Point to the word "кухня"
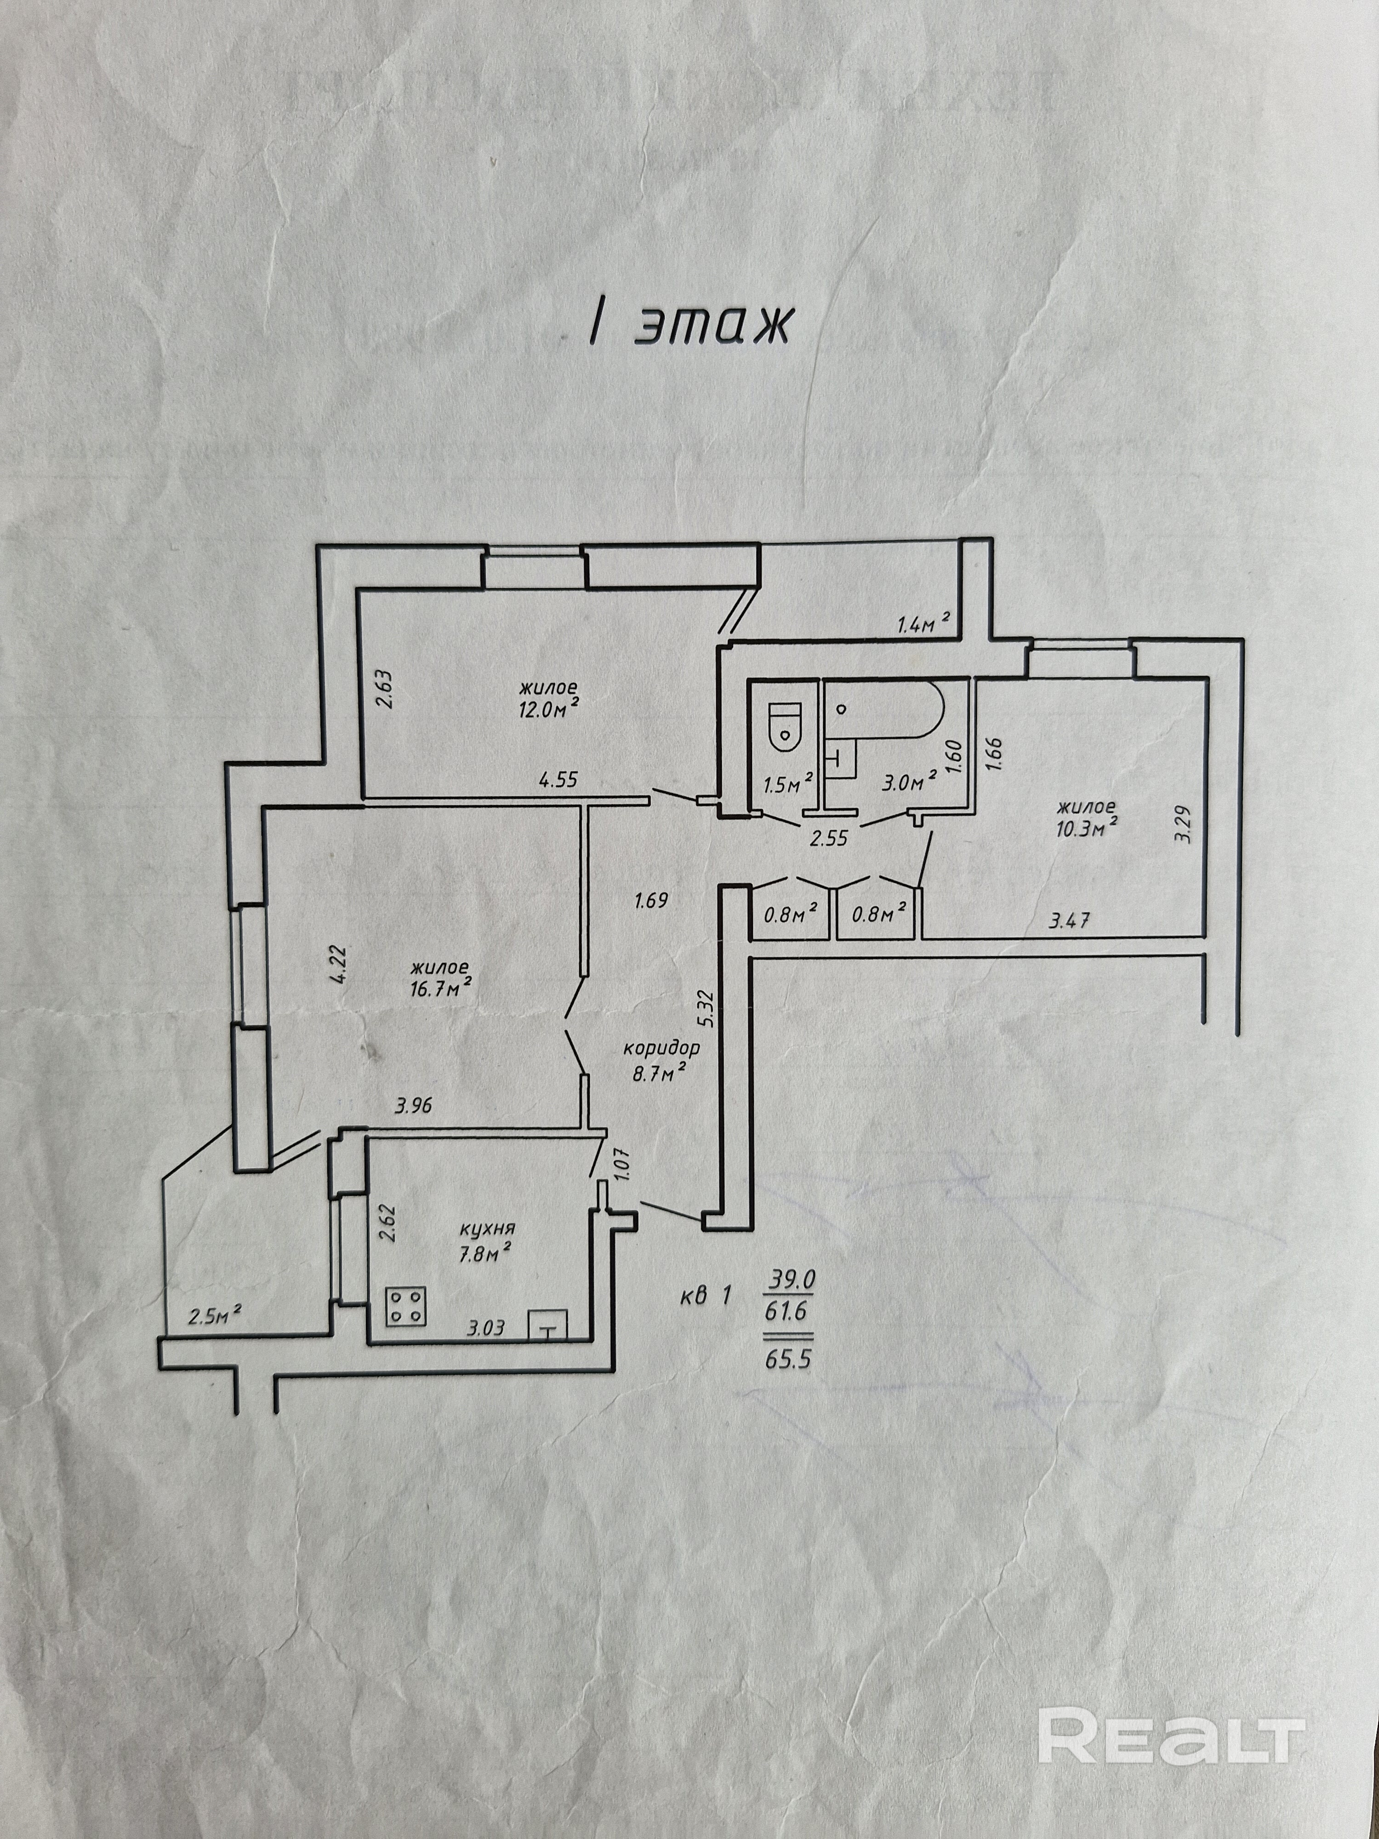click(488, 1228)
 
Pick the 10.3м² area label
click(1086, 826)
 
